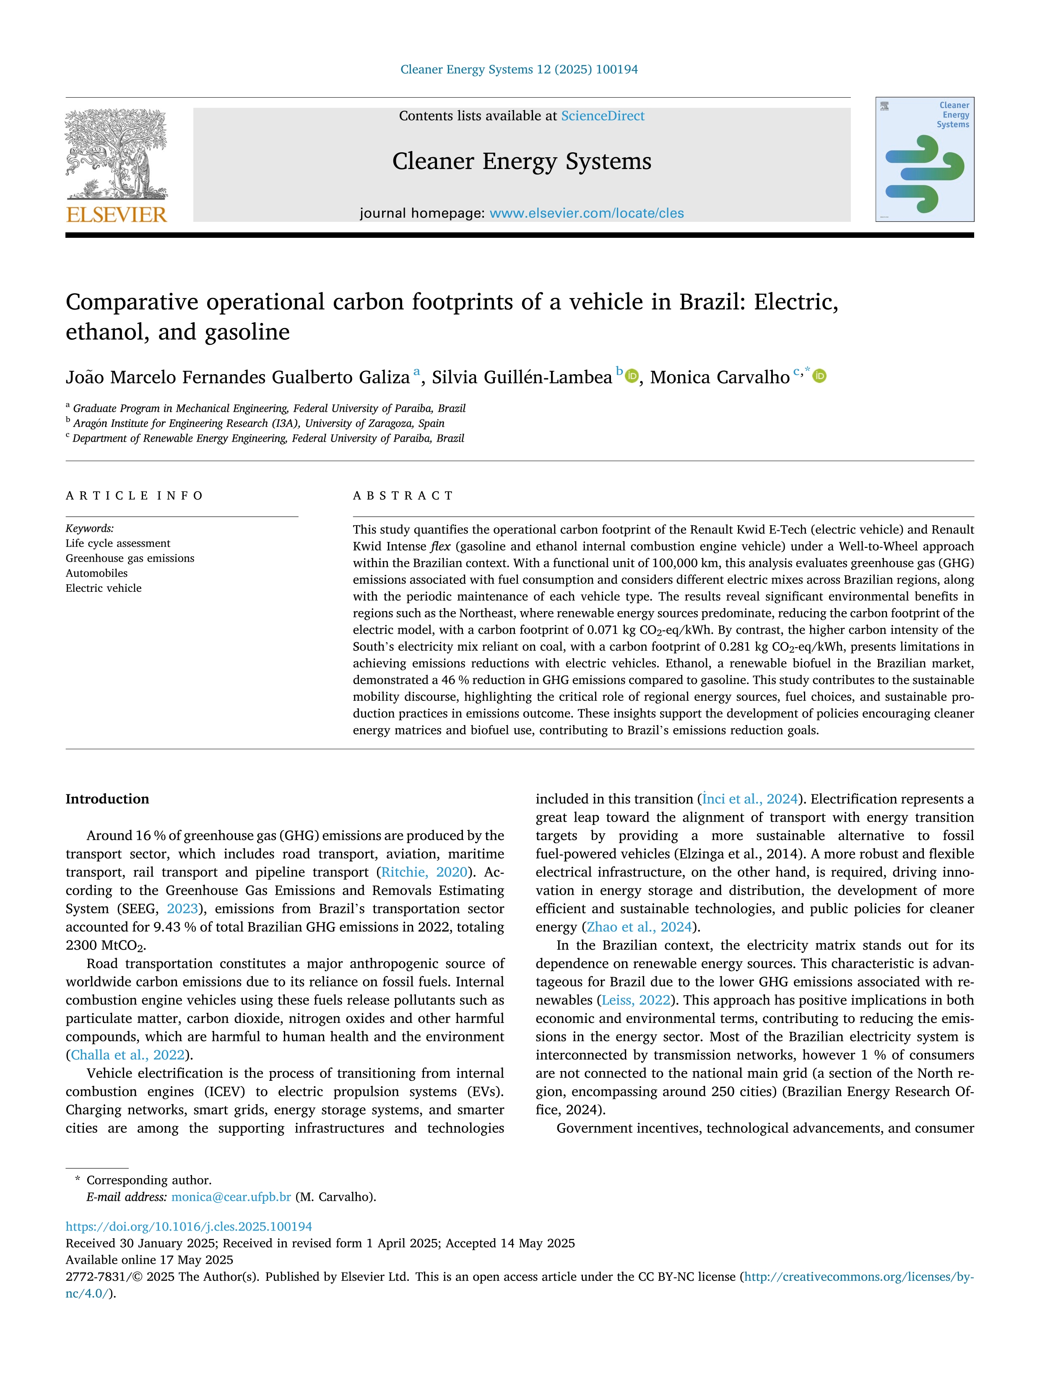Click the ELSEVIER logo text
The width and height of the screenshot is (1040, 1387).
[117, 215]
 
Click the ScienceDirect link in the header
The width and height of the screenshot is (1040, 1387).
[603, 116]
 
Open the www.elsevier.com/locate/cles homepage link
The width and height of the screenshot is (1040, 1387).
[586, 213]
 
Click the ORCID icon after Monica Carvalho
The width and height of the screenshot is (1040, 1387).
[819, 376]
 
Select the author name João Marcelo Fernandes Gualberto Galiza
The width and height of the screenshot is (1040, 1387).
[238, 377]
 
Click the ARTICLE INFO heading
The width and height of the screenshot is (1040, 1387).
[134, 495]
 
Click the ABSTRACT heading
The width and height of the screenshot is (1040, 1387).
[403, 495]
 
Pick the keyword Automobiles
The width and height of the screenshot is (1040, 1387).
[96, 573]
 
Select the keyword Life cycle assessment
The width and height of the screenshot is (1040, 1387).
[118, 543]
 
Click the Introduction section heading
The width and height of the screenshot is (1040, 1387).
[107, 799]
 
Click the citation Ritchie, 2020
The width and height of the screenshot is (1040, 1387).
[424, 872]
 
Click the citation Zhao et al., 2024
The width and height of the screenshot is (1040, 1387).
[639, 927]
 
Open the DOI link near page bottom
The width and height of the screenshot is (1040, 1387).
[189, 1226]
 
